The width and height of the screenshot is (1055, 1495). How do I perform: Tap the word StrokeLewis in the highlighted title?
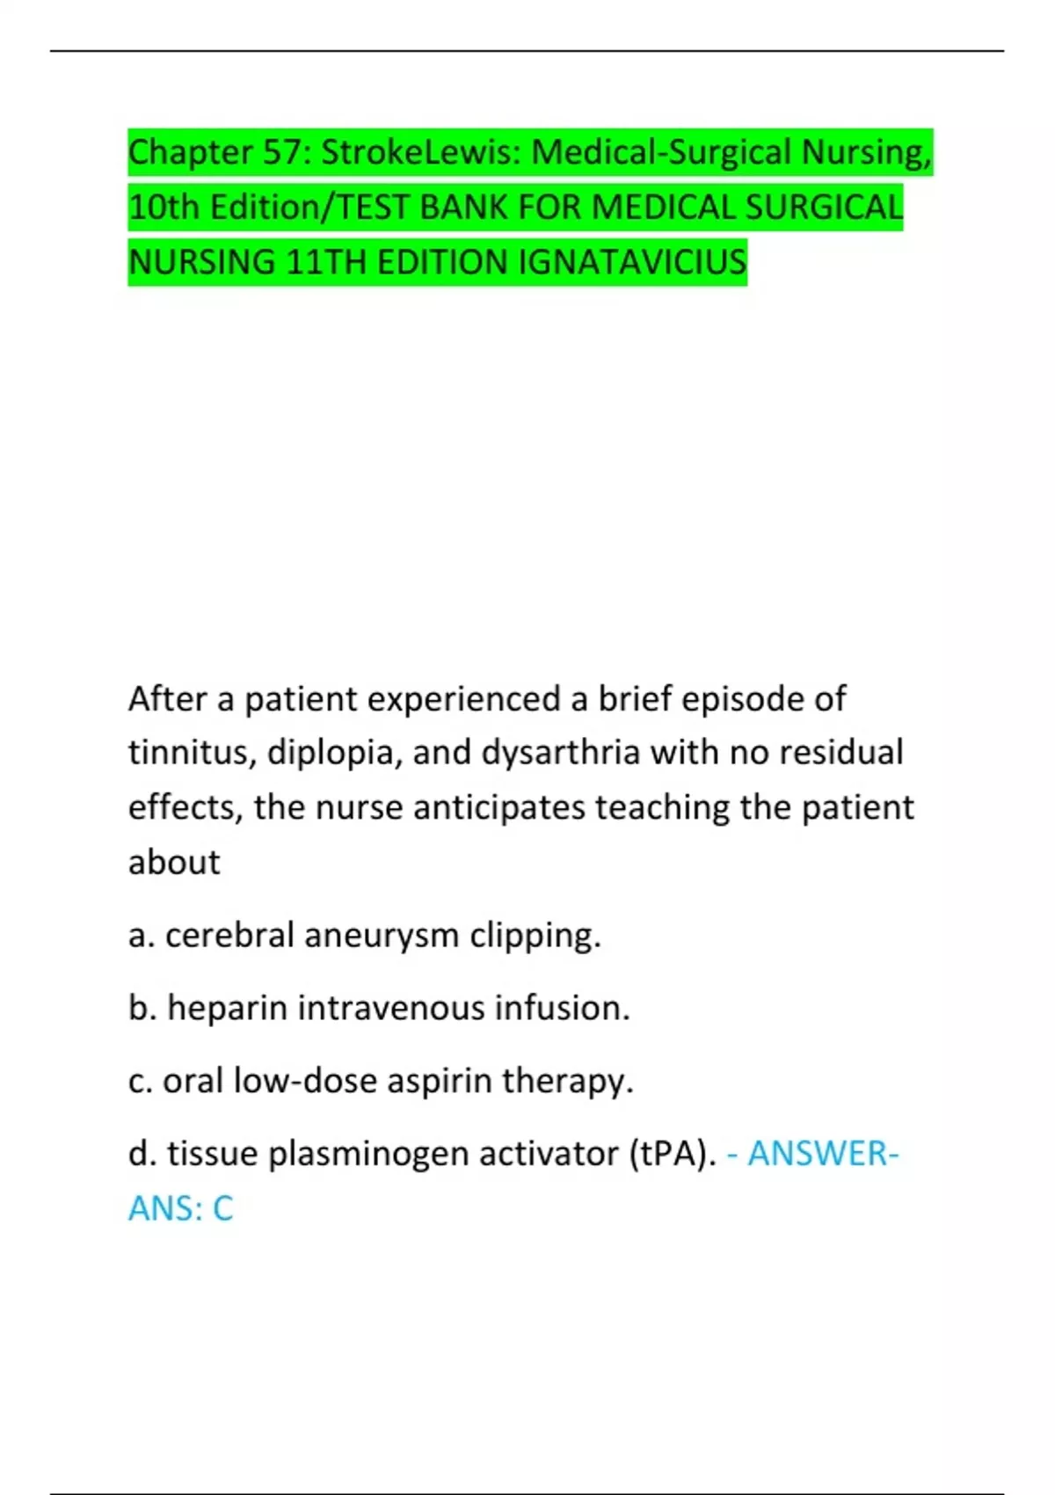(421, 153)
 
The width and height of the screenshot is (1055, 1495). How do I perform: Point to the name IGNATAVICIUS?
(632, 262)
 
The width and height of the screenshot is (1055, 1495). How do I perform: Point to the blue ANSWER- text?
(822, 1154)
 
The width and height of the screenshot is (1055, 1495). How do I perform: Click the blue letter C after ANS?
(223, 1209)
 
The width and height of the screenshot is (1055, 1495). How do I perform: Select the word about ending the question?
(174, 863)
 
